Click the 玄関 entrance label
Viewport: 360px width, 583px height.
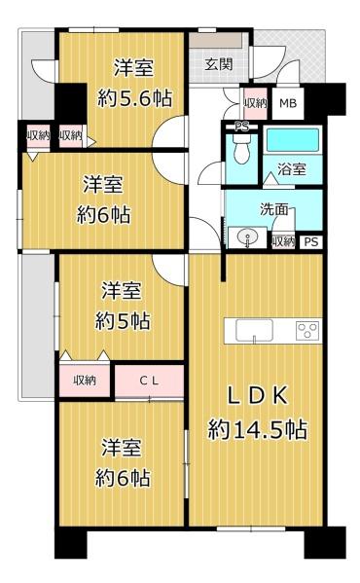point(219,64)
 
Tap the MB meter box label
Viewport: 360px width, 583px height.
point(288,103)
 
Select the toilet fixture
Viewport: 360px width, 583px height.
point(242,147)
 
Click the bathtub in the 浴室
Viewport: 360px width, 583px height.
point(293,140)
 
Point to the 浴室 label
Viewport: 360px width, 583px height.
point(292,169)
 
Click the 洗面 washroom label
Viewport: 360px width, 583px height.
point(273,209)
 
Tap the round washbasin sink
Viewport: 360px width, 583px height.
point(247,237)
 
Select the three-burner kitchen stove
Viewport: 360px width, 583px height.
point(307,330)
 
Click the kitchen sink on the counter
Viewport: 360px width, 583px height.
point(255,330)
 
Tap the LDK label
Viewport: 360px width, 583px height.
point(257,396)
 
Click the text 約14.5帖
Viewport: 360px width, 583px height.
point(258,430)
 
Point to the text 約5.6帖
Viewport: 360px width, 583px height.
point(134,98)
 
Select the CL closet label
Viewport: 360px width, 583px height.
point(149,381)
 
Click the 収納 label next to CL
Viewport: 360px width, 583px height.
point(85,380)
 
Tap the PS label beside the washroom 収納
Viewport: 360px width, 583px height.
point(311,242)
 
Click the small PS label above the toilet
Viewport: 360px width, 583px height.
point(242,128)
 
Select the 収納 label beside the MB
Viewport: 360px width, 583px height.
point(256,102)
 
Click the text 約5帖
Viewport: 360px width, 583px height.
point(123,321)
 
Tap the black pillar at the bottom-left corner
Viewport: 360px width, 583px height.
point(71,543)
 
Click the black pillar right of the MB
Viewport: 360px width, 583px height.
point(325,99)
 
